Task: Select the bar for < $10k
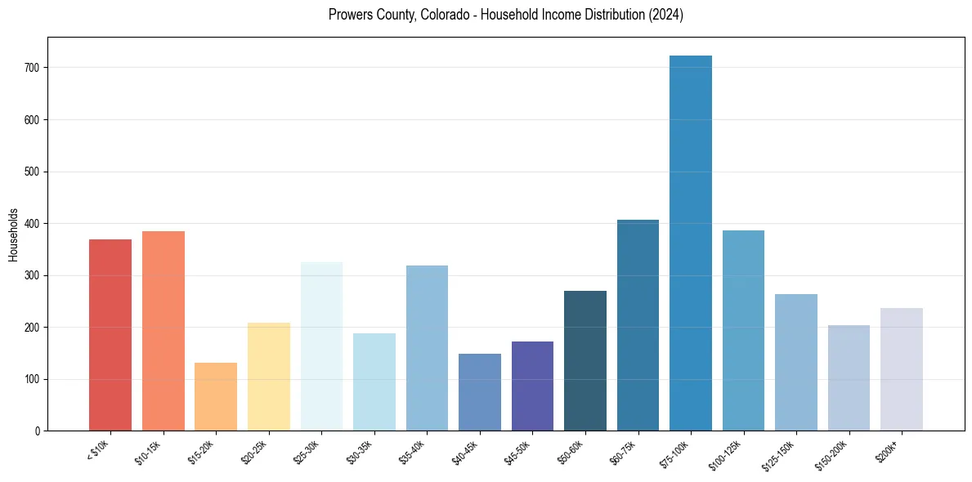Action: coord(110,335)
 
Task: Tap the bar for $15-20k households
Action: coord(216,397)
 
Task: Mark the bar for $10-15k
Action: coord(163,331)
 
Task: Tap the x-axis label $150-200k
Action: coord(831,454)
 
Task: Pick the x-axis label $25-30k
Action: coord(307,452)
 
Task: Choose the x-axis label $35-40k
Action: coord(413,452)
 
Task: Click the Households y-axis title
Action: coord(13,234)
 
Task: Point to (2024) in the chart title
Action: coord(665,15)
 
